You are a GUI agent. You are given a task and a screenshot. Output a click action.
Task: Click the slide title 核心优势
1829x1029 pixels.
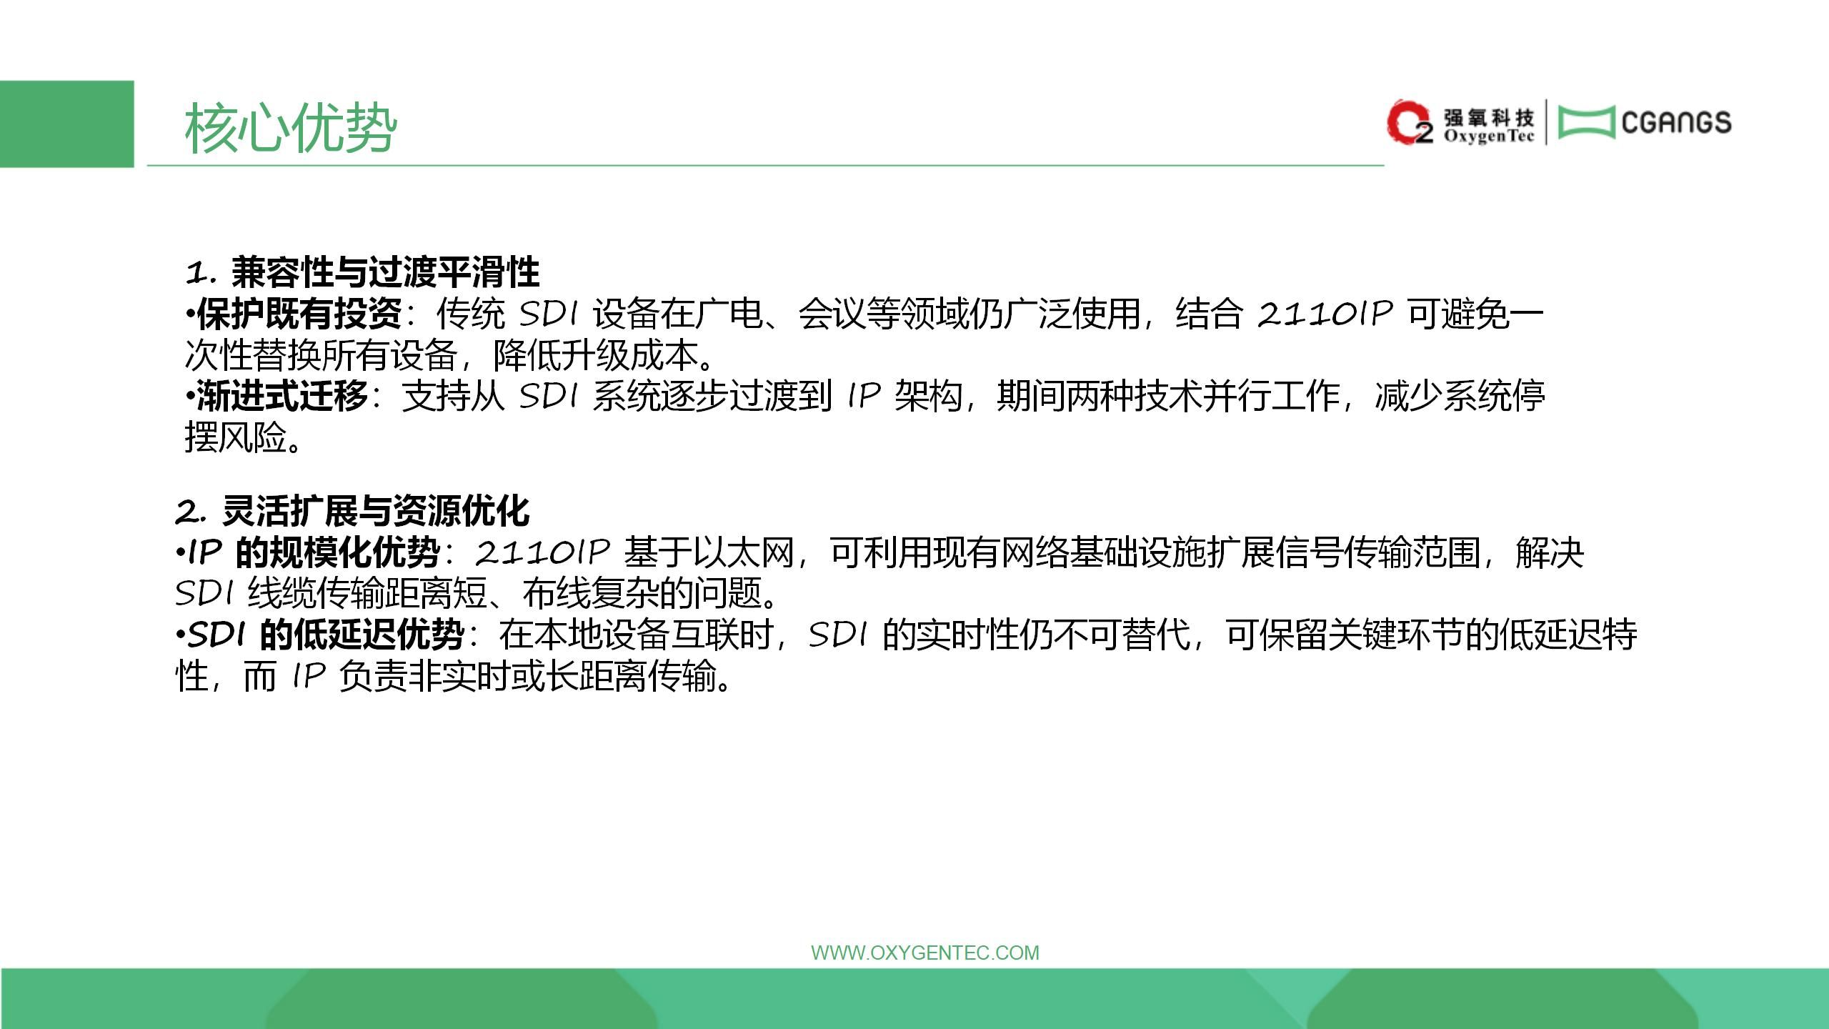(x=291, y=128)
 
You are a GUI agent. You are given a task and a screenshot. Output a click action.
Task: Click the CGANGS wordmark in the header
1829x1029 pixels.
(x=1676, y=122)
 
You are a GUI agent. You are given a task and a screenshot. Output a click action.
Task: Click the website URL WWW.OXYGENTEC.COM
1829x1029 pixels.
(x=925, y=953)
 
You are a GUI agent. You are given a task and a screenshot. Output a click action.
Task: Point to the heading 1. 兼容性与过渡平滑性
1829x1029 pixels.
(x=363, y=272)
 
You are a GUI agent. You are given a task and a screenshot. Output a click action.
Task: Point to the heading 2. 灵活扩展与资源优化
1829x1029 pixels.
(x=352, y=510)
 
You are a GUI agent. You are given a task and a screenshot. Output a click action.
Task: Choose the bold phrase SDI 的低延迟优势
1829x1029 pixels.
(x=325, y=634)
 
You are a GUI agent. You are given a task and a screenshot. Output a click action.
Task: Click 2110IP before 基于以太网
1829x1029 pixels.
(x=542, y=552)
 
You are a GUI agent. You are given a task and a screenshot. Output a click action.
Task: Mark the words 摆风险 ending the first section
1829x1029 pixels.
(x=236, y=437)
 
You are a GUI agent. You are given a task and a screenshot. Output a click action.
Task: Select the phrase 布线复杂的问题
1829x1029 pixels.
(x=642, y=592)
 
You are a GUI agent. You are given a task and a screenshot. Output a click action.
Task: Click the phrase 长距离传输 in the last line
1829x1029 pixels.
(x=631, y=675)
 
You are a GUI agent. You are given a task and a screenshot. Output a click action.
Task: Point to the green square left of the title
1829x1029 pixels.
(x=66, y=124)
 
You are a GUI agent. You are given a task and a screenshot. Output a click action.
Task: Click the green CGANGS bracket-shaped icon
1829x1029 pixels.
(x=1586, y=122)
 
